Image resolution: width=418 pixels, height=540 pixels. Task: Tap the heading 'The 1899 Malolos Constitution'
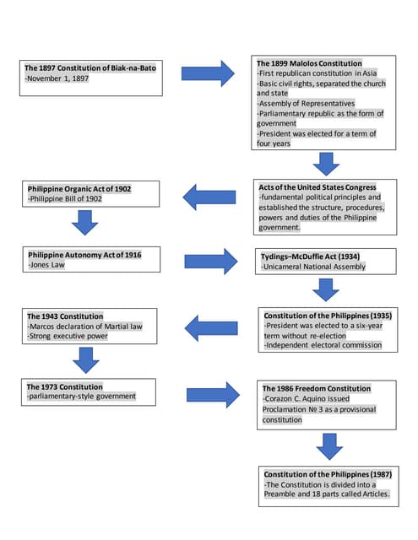pyautogui.click(x=309, y=63)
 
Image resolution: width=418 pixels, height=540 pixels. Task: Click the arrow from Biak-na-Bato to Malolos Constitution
pyautogui.click(x=208, y=73)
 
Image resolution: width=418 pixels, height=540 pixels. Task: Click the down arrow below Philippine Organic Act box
pyautogui.click(x=84, y=224)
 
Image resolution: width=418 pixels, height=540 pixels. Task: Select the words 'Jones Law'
pyautogui.click(x=48, y=264)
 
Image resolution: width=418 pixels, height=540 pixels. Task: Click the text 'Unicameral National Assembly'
pyautogui.click(x=313, y=267)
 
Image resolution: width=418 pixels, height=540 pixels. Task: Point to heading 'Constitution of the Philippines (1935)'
pyautogui.click(x=327, y=315)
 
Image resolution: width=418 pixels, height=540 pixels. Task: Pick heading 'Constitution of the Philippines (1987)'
pyautogui.click(x=326, y=474)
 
